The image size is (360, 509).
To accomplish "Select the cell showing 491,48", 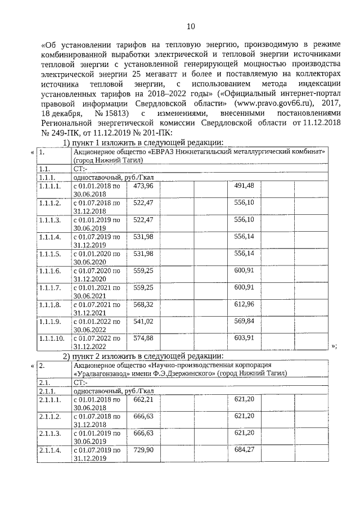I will tap(244, 185).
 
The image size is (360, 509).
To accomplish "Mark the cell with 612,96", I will tap(244, 304).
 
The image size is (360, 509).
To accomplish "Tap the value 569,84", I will tap(244, 321).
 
